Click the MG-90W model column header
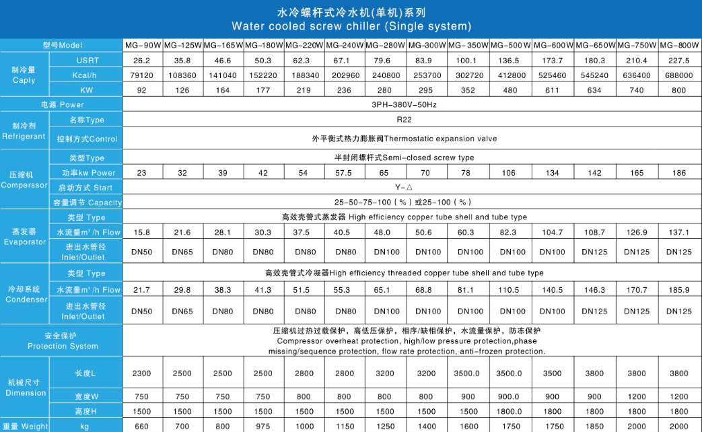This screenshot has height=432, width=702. tap(143, 46)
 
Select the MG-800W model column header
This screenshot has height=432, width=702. tap(679, 46)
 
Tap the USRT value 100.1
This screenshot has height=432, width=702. tap(469, 61)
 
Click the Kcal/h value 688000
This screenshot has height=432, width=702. tap(679, 75)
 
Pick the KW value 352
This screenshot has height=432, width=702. tap(469, 89)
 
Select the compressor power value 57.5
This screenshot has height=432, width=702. tap(344, 173)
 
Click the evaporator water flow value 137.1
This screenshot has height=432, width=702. tap(679, 232)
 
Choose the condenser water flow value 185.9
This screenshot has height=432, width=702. tap(679, 290)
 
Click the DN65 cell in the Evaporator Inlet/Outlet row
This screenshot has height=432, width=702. tap(182, 252)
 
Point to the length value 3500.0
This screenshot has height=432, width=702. tap(510, 373)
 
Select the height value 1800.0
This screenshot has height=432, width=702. tap(510, 411)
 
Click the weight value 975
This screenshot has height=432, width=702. tap(263, 426)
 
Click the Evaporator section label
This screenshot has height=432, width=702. tap(24, 237)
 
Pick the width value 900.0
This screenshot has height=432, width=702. tap(510, 397)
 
